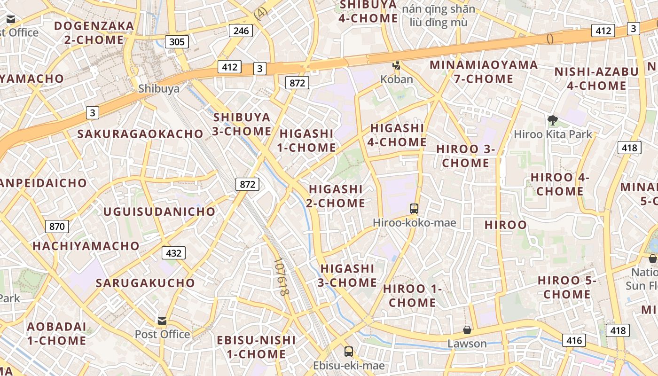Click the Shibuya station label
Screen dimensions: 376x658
coord(159,88)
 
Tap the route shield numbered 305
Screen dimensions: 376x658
coord(177,42)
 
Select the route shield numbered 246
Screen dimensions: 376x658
coord(241,31)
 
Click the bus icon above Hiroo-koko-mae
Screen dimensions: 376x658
coord(414,208)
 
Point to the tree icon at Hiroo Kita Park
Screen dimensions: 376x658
coord(553,120)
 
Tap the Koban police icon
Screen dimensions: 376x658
coord(397,65)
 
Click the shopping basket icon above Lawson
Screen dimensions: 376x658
coord(467,330)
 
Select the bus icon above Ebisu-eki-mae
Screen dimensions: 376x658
coord(349,351)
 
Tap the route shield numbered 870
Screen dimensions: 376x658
coord(57,227)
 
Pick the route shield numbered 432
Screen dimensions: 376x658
coord(173,253)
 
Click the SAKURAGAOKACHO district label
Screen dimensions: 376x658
coord(140,134)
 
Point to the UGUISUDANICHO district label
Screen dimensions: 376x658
coord(159,211)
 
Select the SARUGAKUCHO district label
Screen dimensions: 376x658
coord(145,283)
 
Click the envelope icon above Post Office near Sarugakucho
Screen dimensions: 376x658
coord(162,321)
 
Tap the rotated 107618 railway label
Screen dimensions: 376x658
coord(281,277)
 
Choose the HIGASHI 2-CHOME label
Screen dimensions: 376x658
coord(336,196)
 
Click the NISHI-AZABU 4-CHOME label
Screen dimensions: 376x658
coord(596,79)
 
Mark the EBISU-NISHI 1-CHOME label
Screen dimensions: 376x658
coord(256,347)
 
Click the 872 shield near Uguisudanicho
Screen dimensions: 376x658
coord(247,184)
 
